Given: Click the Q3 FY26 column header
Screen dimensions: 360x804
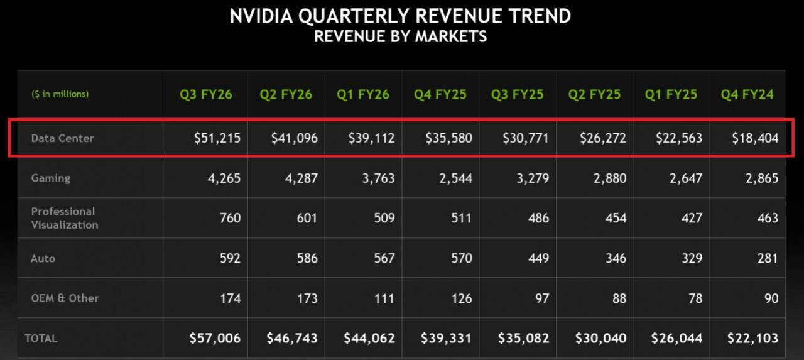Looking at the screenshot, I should point(206,95).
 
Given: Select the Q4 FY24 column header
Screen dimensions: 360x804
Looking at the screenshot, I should point(747,95).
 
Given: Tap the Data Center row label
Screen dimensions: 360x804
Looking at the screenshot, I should point(62,138).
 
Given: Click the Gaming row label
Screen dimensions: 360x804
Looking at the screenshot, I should point(51,178).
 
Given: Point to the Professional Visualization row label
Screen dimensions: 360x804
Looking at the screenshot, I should point(65,218).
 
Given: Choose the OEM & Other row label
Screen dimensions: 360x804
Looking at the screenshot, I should point(65,298).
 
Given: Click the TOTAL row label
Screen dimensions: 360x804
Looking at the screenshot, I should point(41,339).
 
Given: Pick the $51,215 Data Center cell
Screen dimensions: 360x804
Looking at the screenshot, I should point(217,138).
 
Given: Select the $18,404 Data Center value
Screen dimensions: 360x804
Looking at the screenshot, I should point(754,138).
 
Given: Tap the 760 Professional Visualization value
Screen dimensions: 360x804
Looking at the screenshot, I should point(229,219).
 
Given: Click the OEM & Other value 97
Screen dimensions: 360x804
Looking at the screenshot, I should point(541,298).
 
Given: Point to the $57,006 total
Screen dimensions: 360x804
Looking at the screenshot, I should point(215,339).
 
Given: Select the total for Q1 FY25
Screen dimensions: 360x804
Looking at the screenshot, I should point(678,339).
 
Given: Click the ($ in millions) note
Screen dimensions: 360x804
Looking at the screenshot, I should point(60,94).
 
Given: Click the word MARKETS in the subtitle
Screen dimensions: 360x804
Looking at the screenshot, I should point(450,36).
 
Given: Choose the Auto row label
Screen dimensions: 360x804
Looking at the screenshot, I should point(43,258).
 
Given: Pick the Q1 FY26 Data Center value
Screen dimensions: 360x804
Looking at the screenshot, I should point(371,138).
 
